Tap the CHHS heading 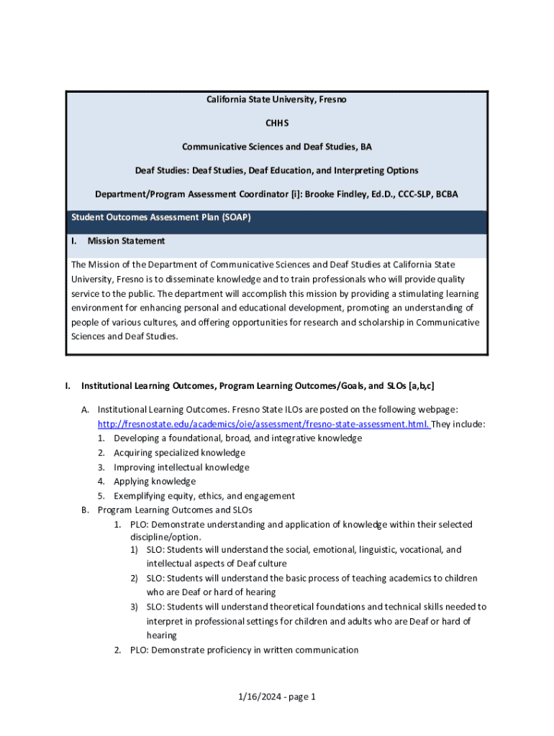tap(277, 123)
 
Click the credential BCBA tap(445, 194)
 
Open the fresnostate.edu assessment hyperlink tap(263, 424)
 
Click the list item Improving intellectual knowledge tap(181, 467)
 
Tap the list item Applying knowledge tap(154, 482)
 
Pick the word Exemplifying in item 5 tap(139, 496)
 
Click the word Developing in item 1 tap(137, 438)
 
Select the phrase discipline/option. tap(165, 537)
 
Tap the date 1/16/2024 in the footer tap(258, 696)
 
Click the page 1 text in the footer tap(300, 696)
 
